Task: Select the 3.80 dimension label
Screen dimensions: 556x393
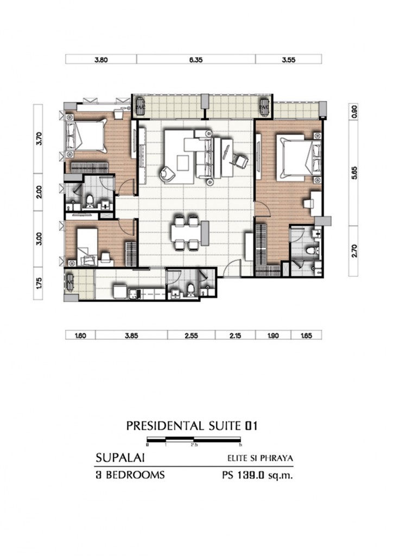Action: coord(100,60)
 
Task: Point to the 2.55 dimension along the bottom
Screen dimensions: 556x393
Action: coord(191,336)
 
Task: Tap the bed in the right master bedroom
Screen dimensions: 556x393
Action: coord(295,158)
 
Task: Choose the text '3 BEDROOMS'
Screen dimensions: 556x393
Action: coord(130,475)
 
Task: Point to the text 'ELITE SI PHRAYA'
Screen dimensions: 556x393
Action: coord(260,458)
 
